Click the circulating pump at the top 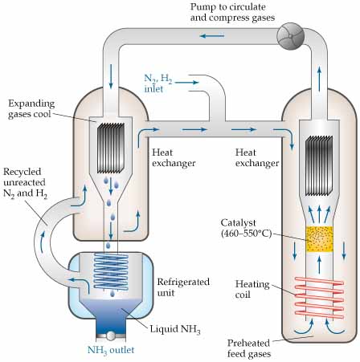coord(291,36)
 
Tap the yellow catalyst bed coord(319,239)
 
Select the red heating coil coord(319,298)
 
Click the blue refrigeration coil coord(111,270)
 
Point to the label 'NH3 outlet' coord(111,350)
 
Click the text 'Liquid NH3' coord(175,329)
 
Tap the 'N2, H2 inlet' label coord(158,83)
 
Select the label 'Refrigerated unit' coord(183,287)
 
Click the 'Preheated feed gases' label coord(249,348)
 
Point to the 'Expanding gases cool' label coord(31,108)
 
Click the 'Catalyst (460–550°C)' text coord(247,228)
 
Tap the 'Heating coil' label coord(252,289)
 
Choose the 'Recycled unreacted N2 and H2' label coord(25,183)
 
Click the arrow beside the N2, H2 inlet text coord(186,83)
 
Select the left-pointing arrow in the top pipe coord(211,36)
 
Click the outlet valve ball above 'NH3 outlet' coord(110,336)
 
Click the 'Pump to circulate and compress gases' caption coord(232,12)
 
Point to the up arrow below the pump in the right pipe coord(319,76)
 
